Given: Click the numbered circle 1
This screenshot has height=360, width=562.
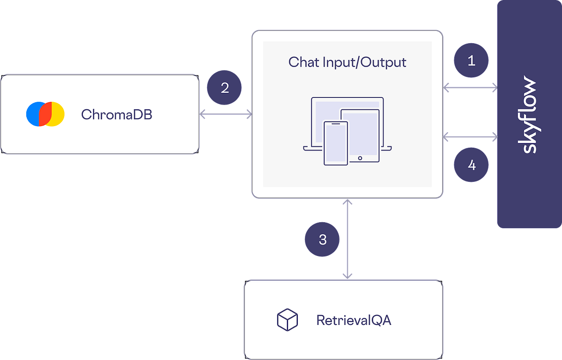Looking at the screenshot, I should tap(472, 60).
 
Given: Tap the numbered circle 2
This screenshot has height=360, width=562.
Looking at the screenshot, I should tap(225, 88).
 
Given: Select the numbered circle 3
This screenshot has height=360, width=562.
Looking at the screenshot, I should tap(323, 240).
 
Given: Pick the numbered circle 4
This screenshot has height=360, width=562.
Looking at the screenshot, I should tap(472, 165).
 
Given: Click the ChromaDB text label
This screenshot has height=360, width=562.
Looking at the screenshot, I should tap(117, 114).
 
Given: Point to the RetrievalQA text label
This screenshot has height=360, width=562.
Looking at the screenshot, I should tap(354, 320).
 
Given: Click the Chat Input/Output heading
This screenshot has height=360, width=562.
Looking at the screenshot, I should tap(347, 62).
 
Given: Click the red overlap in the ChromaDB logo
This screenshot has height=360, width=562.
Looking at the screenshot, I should tap(45, 114).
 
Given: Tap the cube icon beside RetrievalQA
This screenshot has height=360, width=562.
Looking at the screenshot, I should tap(287, 320).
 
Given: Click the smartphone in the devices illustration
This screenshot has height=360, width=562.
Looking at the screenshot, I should tap(336, 143).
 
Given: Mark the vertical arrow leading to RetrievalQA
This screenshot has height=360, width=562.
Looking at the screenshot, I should tap(347, 239).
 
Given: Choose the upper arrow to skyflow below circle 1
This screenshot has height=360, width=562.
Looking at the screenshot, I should tap(470, 87).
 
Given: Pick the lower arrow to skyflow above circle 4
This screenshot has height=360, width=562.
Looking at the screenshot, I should tap(470, 137).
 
